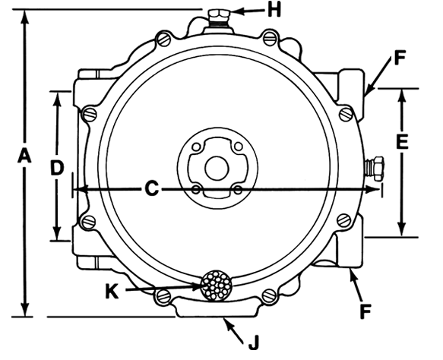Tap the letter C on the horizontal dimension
coord(152,188)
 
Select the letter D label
coord(56,169)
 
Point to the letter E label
coord(403,141)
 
